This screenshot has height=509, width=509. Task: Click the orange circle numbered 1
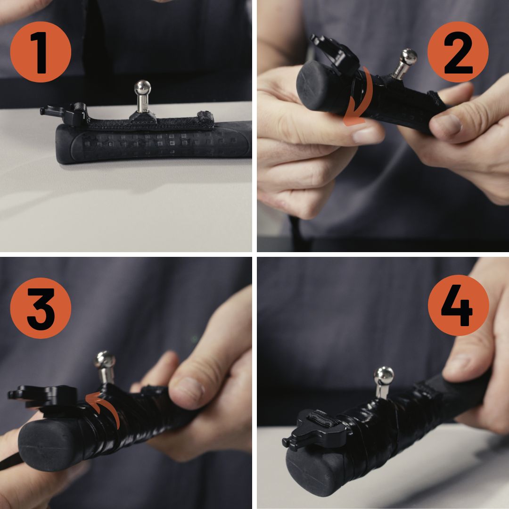[x=41, y=52]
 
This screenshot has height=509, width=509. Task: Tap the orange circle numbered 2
[x=458, y=52]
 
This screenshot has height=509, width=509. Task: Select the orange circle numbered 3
[x=41, y=308]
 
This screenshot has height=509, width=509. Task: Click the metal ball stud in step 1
[x=142, y=96]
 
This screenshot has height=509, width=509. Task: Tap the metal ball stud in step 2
[x=404, y=64]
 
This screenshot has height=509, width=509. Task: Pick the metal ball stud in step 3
[x=105, y=367]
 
